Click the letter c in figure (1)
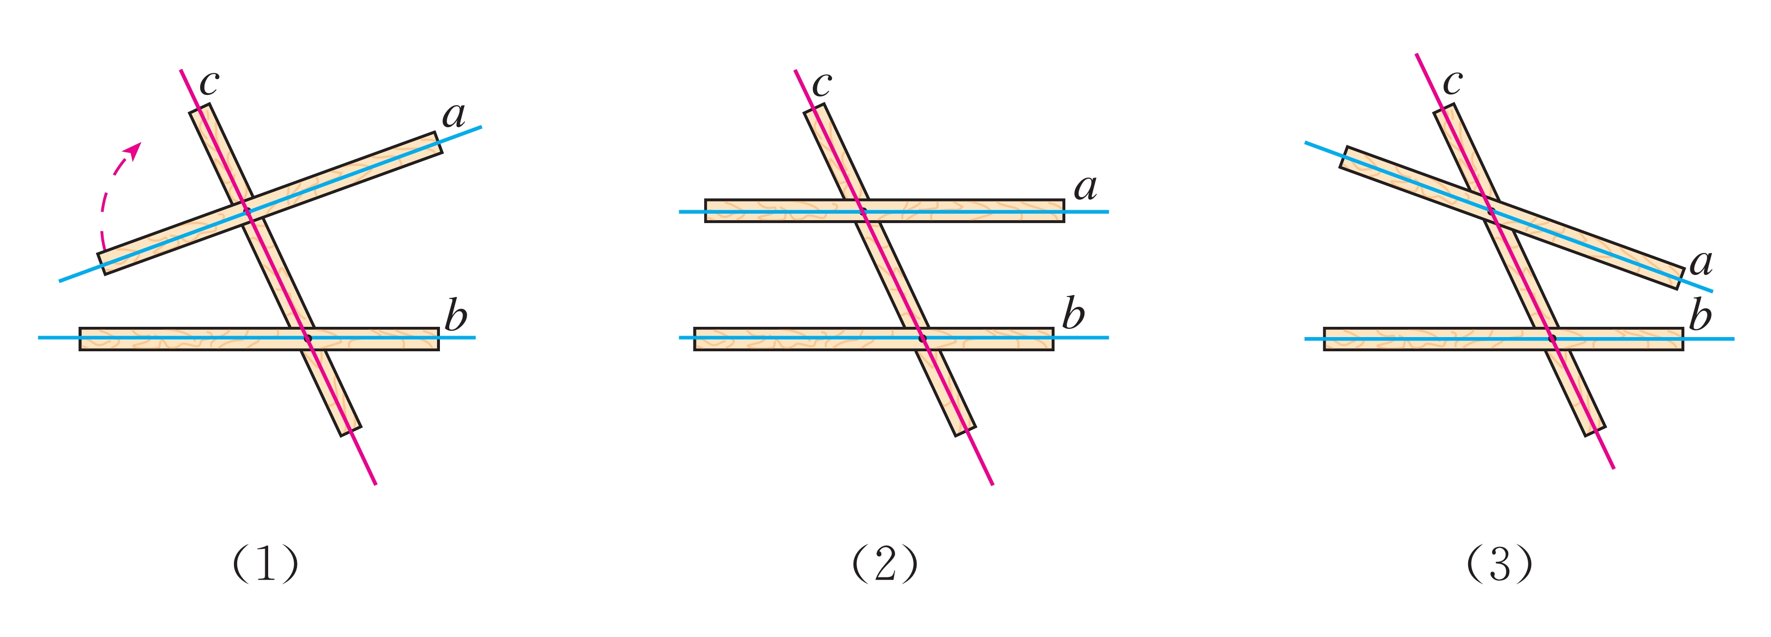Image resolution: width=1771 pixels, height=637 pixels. [208, 83]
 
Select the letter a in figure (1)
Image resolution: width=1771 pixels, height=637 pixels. [454, 115]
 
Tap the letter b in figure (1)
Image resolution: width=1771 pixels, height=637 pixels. [456, 316]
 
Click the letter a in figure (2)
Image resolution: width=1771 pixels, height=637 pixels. [1085, 187]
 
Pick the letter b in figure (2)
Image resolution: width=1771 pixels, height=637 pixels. [1073, 315]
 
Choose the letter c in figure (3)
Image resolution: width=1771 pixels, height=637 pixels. [1452, 83]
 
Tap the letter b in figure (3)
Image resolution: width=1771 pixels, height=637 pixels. [1700, 316]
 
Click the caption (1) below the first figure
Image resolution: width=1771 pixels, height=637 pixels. [265, 564]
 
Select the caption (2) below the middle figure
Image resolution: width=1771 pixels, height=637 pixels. [885, 564]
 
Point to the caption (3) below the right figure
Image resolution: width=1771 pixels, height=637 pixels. [1499, 564]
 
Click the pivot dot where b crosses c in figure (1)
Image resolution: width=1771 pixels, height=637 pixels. [307, 338]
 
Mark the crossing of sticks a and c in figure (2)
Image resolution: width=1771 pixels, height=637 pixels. [864, 211]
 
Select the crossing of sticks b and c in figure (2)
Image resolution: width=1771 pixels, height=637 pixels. [922, 338]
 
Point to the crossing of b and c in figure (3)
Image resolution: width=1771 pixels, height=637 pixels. [1552, 338]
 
